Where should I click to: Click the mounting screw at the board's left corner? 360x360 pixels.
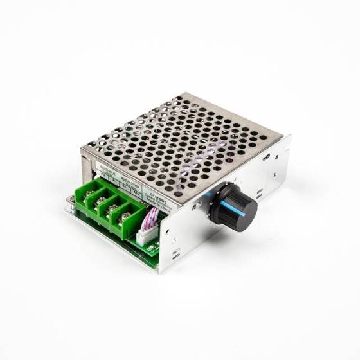71,201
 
